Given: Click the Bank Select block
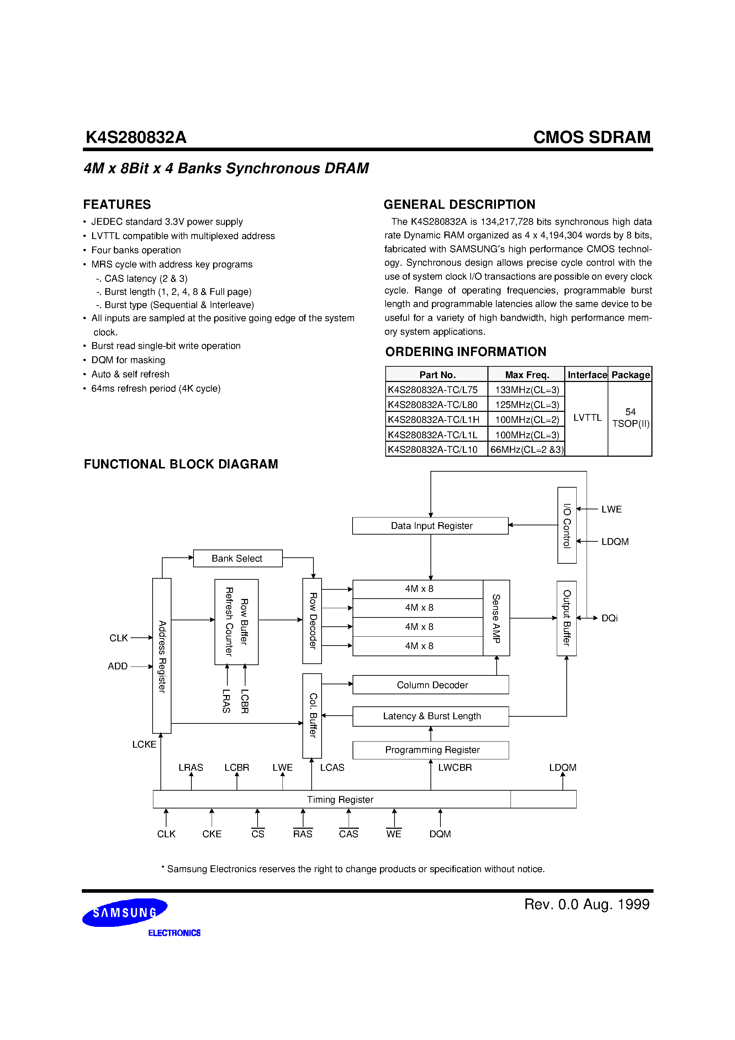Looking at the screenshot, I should tap(237, 558).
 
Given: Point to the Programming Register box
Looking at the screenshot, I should tap(430, 750).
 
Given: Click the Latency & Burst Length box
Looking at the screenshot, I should tap(430, 716).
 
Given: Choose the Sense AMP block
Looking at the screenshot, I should tap(496, 618).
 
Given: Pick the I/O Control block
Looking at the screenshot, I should tap(567, 525).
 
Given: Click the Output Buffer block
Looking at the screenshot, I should tap(566, 618).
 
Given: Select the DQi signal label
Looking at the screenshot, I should tap(609, 618).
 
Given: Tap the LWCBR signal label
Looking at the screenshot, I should tap(455, 767).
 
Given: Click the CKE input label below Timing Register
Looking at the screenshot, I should tap(212, 834).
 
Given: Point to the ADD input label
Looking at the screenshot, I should tap(118, 666).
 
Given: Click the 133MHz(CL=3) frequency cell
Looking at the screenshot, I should tap(527, 389).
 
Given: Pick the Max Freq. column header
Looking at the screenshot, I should tap(527, 375).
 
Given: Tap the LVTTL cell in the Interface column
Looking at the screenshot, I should tap(587, 418).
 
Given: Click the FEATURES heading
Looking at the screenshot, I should tap(117, 205).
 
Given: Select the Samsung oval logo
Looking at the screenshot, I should tap(125, 912).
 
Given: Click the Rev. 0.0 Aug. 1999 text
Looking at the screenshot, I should tap(587, 904).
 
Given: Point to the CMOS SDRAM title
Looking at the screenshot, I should tap(591, 137).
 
